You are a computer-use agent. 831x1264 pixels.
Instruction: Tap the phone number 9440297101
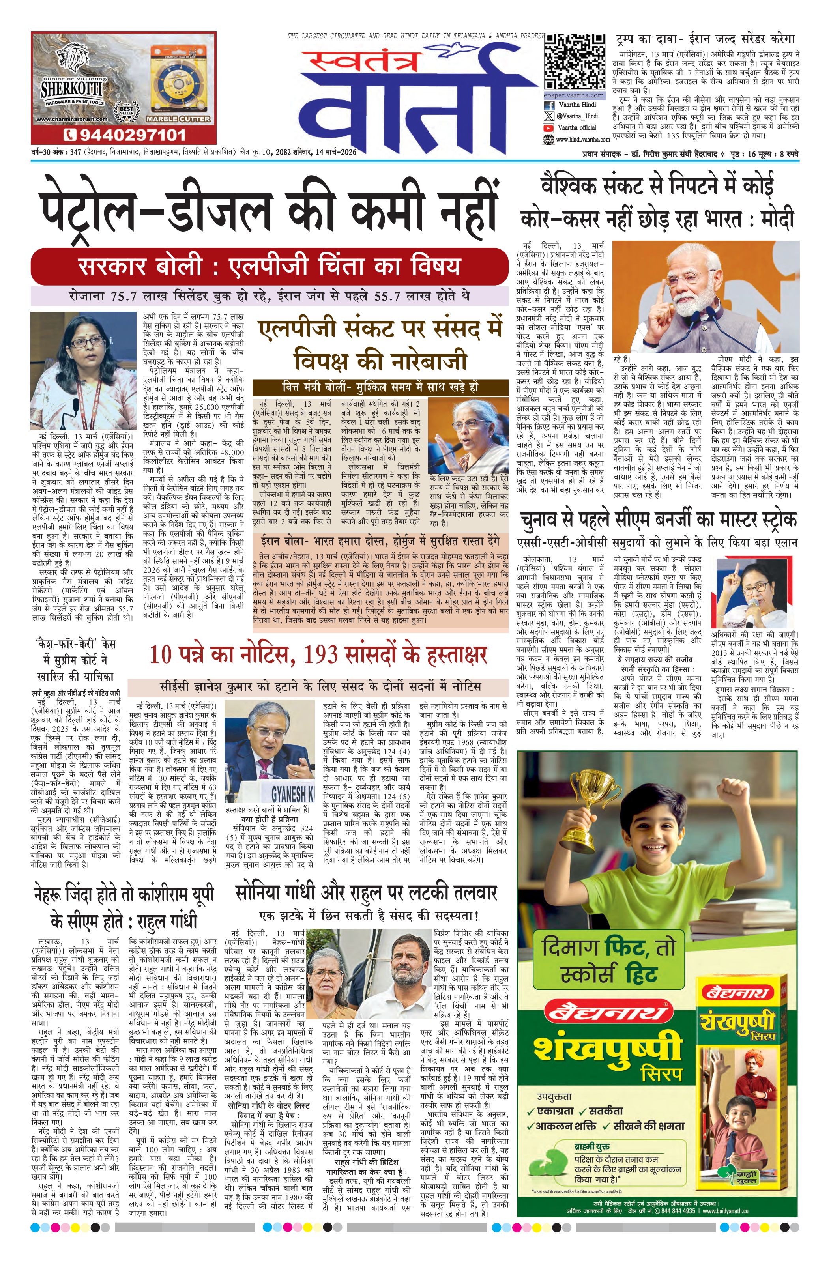(x=124, y=135)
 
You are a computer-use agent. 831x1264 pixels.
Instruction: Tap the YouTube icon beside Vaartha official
(x=548, y=128)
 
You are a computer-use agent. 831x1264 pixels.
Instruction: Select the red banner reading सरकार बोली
(x=270, y=266)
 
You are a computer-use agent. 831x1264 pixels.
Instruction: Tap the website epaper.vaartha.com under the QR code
(x=573, y=95)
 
